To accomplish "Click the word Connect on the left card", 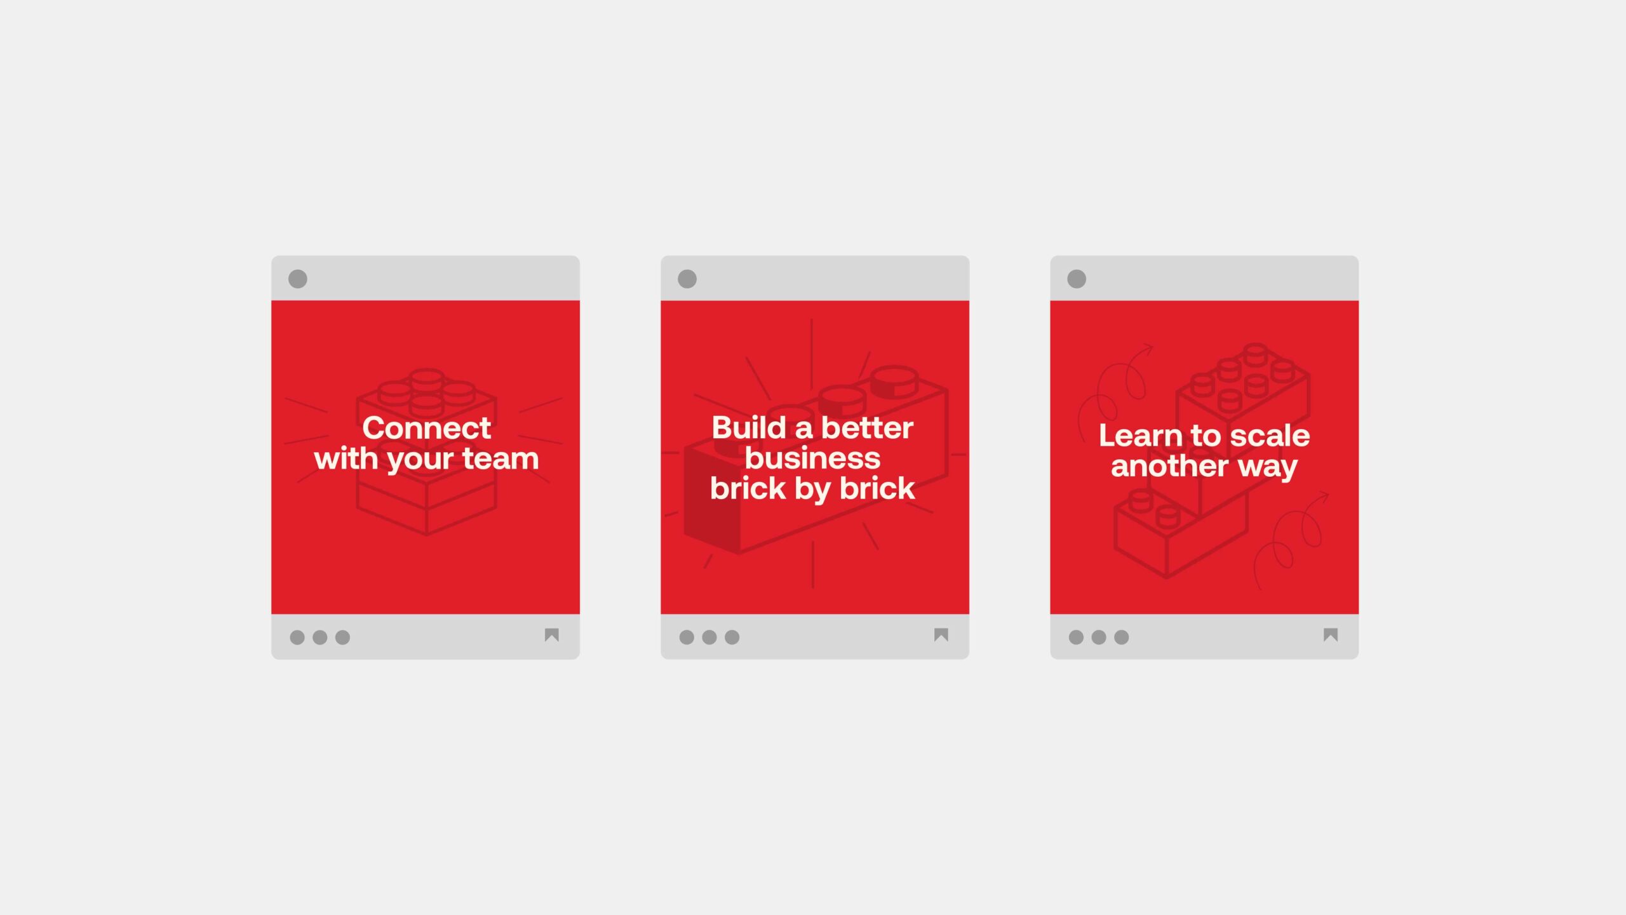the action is pyautogui.click(x=426, y=428).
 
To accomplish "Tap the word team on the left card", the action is pyautogui.click(x=501, y=458).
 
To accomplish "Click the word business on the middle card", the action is pyautogui.click(x=812, y=458).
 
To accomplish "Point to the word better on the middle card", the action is pyautogui.click(x=867, y=427).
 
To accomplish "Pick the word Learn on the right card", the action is pyautogui.click(x=1141, y=436).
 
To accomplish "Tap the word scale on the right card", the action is pyautogui.click(x=1270, y=436).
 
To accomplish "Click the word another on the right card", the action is pyautogui.click(x=1169, y=466).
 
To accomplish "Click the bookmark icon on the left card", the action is pyautogui.click(x=552, y=635).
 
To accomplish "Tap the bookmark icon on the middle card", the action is pyautogui.click(x=941, y=635).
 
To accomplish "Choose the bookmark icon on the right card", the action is pyautogui.click(x=1331, y=635).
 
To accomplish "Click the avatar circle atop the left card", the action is pyautogui.click(x=298, y=279).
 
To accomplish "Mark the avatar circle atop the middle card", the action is pyautogui.click(x=687, y=279).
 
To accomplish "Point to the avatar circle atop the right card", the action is pyautogui.click(x=1077, y=279).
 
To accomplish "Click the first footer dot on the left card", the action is pyautogui.click(x=297, y=637).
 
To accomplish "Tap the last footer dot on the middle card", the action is pyautogui.click(x=732, y=637).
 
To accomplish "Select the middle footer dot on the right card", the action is pyautogui.click(x=1099, y=637).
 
